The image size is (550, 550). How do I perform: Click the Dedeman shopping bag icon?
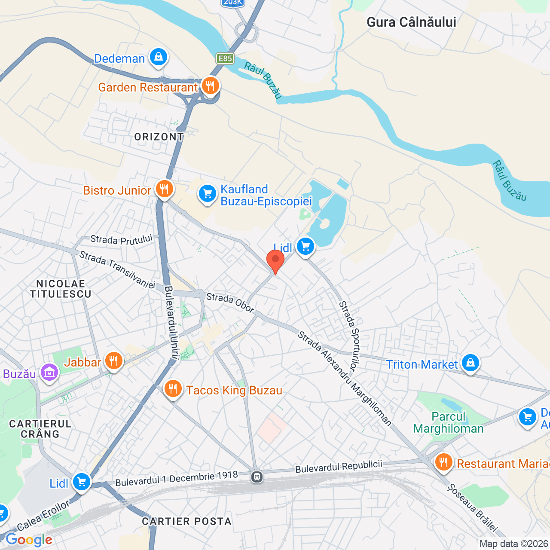point(158,57)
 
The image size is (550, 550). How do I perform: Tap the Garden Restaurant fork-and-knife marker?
point(210,86)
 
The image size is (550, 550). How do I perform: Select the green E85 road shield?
point(225,58)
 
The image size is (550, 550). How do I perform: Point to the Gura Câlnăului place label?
point(411,22)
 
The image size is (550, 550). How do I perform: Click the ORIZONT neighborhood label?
point(159,137)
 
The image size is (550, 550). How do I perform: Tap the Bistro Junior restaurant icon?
point(164,189)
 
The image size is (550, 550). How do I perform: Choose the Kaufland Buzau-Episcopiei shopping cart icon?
point(208,194)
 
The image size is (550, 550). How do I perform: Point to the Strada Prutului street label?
point(121,239)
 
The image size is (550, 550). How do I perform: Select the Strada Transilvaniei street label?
point(117,270)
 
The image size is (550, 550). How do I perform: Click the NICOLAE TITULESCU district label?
point(61,289)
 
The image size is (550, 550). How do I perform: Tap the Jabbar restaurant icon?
point(113,361)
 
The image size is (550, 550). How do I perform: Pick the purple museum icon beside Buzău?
point(49,373)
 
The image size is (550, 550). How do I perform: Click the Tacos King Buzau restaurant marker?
point(173,389)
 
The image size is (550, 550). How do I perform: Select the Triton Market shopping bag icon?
point(471,363)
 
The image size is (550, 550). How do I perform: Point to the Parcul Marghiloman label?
point(448,422)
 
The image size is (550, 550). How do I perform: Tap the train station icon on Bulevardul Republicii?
point(257,477)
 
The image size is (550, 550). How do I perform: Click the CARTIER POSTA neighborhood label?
point(186,521)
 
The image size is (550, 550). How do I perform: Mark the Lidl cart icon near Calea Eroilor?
point(81,482)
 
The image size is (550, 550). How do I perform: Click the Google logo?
point(29,540)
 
